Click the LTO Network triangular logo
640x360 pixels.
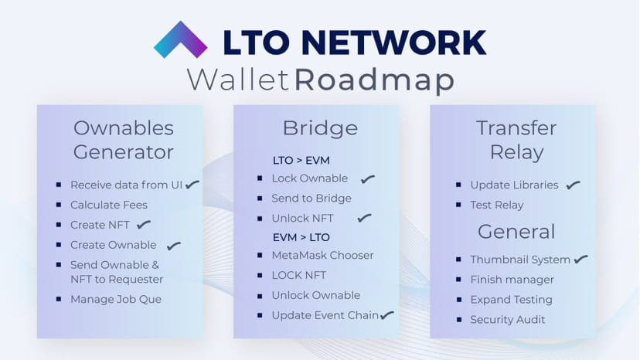coord(180,41)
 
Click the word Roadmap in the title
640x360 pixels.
coord(374,79)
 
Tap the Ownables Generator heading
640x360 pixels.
coord(124,139)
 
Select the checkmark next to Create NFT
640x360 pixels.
coord(144,225)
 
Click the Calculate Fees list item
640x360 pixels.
coord(108,205)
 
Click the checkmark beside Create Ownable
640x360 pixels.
coord(174,246)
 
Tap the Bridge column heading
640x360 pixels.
coord(320,127)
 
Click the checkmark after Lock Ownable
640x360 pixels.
coord(368,179)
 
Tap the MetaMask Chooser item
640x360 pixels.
coord(322,255)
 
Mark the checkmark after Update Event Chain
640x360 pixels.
coord(387,314)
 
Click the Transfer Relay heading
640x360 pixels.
coord(516,139)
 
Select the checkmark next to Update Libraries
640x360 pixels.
coord(573,185)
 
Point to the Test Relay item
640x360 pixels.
coord(496,205)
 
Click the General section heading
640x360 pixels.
coord(516,231)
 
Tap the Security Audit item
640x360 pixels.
coord(507,319)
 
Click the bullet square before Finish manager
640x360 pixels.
coord(460,280)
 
